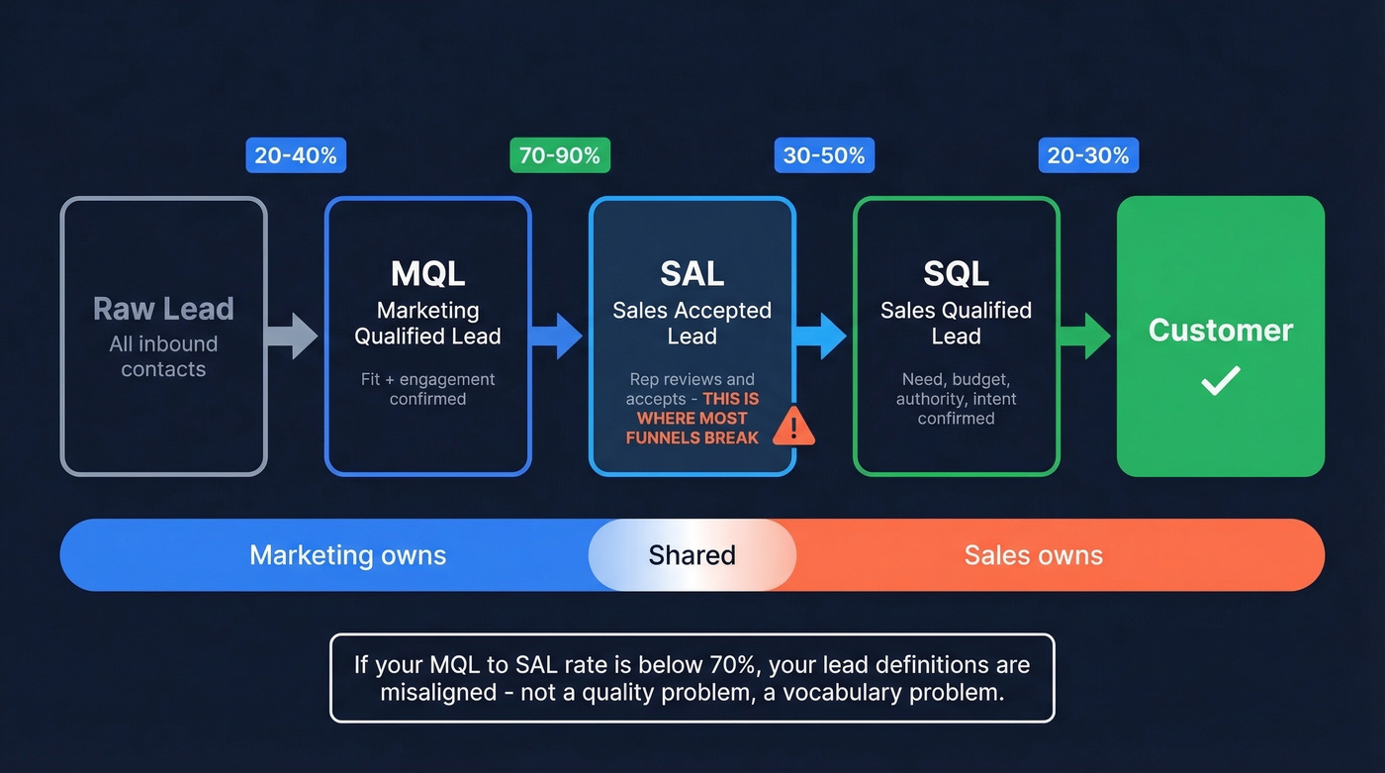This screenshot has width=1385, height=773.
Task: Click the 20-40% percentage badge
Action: (x=296, y=155)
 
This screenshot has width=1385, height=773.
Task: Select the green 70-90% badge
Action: (x=560, y=155)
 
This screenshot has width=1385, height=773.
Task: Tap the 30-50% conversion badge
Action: (x=824, y=155)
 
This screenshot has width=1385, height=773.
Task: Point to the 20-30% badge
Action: (x=1088, y=155)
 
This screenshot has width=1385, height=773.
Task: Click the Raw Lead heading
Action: (x=163, y=309)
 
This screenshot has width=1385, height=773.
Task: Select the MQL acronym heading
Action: (x=427, y=274)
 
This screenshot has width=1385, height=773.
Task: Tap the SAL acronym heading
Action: (x=692, y=274)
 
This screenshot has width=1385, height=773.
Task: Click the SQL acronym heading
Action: (x=956, y=274)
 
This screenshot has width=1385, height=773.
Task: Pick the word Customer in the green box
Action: (x=1220, y=331)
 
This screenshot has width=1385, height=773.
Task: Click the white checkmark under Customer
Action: (x=1220, y=380)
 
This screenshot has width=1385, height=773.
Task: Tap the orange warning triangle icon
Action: (x=793, y=426)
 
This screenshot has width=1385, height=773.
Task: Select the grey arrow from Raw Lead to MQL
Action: (x=294, y=337)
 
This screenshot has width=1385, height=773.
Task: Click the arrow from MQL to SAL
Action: (x=558, y=337)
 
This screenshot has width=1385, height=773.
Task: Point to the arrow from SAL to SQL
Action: (x=822, y=337)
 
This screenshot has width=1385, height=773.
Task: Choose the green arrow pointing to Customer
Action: (x=1086, y=337)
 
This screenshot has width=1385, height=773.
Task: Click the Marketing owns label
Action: (x=347, y=555)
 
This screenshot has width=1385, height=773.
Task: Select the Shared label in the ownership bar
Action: (x=692, y=555)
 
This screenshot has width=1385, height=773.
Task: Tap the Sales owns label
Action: (x=1033, y=555)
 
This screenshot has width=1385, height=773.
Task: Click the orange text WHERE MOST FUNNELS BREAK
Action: (x=692, y=428)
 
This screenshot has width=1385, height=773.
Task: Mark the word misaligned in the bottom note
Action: (x=434, y=693)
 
